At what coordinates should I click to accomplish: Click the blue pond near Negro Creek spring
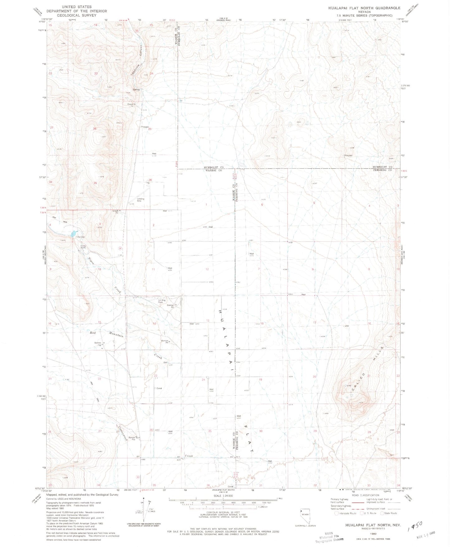tap(74, 233)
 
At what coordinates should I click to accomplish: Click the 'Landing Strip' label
tap(140, 200)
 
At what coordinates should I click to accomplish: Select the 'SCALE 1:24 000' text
tap(223, 496)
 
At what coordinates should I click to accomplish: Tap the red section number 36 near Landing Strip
tap(150, 180)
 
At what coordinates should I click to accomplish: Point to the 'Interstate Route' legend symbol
tap(336, 513)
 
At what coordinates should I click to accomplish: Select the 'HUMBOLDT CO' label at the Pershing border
tap(383, 167)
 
